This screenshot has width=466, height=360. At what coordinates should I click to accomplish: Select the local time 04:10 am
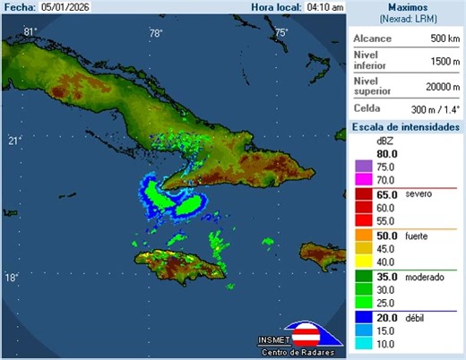coord(324,7)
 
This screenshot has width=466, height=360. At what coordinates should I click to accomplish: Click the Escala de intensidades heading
coord(405,127)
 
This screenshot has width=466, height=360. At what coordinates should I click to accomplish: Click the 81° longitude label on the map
coord(30,32)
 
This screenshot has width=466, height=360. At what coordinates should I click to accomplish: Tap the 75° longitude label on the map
coord(280,32)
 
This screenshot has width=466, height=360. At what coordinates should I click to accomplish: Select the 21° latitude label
coord(14,141)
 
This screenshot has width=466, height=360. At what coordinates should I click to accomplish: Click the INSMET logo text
coord(272,339)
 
